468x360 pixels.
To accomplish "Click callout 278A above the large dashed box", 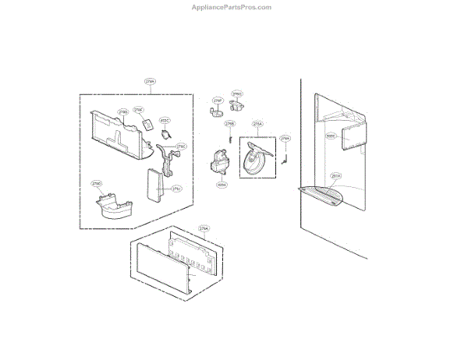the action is click(151, 80).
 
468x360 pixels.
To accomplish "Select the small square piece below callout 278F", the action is click(147, 125).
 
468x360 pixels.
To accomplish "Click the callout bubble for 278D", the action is click(97, 184).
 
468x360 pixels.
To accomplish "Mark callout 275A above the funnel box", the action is click(257, 124).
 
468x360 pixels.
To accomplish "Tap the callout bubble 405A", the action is click(222, 185).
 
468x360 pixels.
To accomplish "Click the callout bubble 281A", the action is click(335, 175).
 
